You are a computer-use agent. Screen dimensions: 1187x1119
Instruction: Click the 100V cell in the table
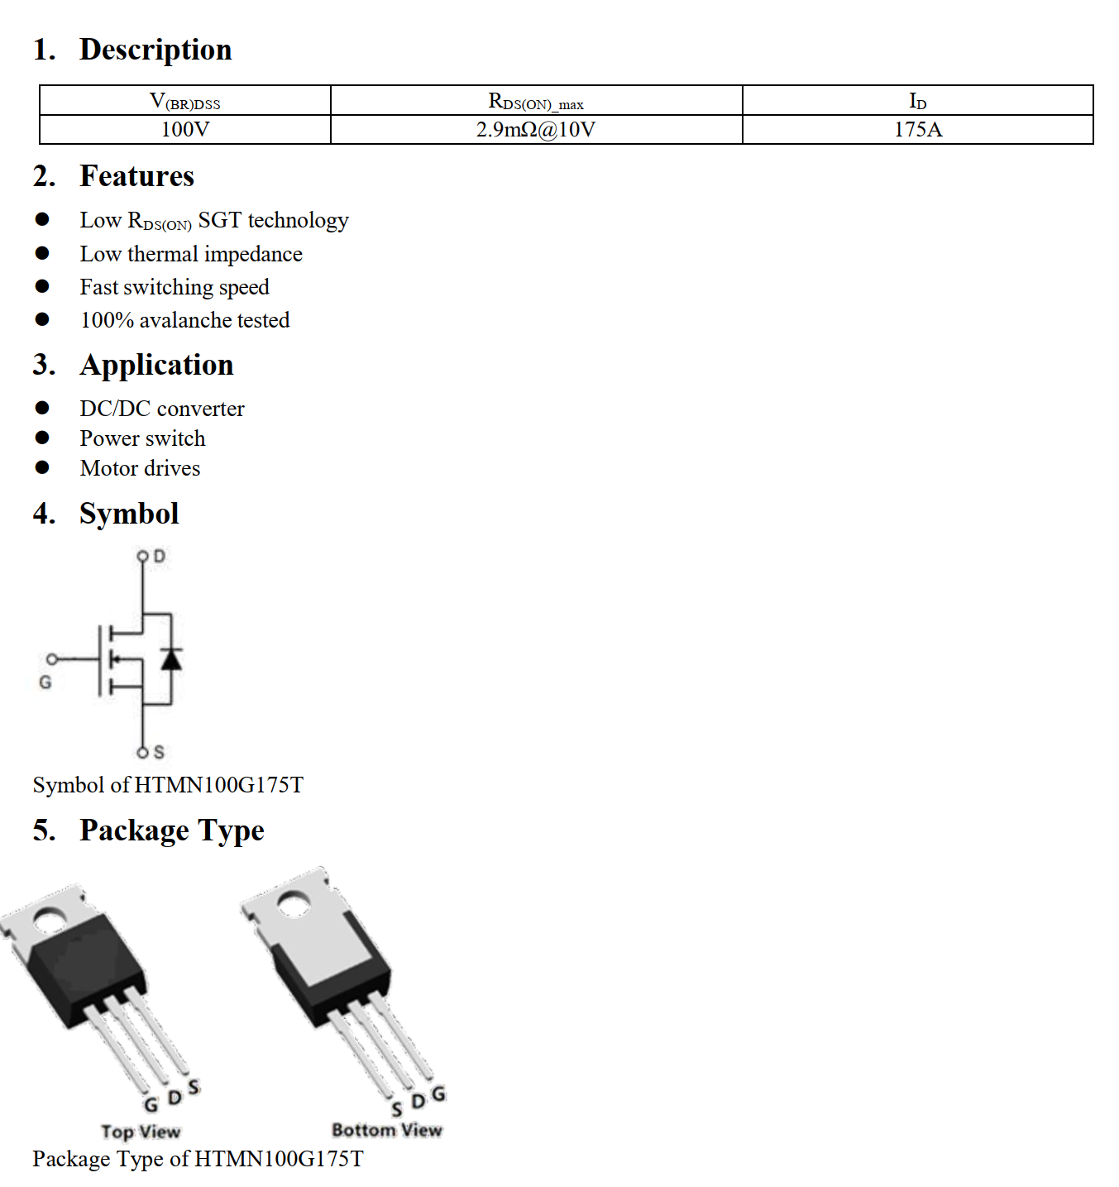[185, 130]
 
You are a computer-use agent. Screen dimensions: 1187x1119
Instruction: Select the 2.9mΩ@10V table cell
[536, 130]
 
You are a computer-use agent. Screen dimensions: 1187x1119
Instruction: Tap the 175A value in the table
[917, 130]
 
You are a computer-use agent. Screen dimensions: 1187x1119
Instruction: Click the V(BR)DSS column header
[185, 101]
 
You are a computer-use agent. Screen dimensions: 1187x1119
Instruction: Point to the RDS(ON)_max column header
[536, 101]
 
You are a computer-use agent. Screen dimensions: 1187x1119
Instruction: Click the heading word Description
[155, 50]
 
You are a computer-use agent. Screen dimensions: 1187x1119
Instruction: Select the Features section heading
[136, 176]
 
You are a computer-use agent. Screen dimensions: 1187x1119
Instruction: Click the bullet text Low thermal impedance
[191, 254]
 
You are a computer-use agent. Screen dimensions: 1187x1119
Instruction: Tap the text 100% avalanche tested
[185, 320]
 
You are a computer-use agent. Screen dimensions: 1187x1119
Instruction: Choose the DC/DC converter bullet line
[162, 409]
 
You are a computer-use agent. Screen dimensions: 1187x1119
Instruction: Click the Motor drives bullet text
[140, 468]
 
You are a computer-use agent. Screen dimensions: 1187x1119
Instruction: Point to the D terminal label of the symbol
[160, 556]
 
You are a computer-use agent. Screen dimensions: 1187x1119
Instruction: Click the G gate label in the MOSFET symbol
[45, 682]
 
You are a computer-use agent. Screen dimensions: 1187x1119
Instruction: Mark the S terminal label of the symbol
[159, 752]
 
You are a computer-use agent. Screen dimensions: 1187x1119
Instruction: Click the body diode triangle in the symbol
[171, 659]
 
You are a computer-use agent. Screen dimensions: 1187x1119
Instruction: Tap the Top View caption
[141, 1131]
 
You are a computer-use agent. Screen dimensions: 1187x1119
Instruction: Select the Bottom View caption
[386, 1129]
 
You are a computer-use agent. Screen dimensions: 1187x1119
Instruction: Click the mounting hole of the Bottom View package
[293, 903]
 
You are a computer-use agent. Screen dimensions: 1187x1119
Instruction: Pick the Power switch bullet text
[142, 438]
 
